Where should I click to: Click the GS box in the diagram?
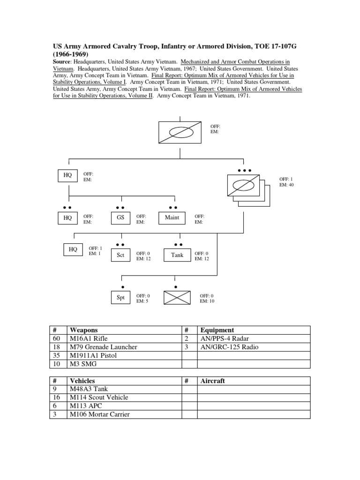point(120,217)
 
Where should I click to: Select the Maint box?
point(172,217)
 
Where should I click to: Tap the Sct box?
point(120,255)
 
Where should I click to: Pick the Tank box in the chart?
point(177,255)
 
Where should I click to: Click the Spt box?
point(120,298)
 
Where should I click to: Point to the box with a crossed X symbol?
point(177,298)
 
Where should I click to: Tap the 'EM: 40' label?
point(287,185)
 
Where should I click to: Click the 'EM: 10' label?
point(207,301)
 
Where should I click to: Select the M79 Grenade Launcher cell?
point(103,347)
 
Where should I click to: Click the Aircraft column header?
point(212,381)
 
